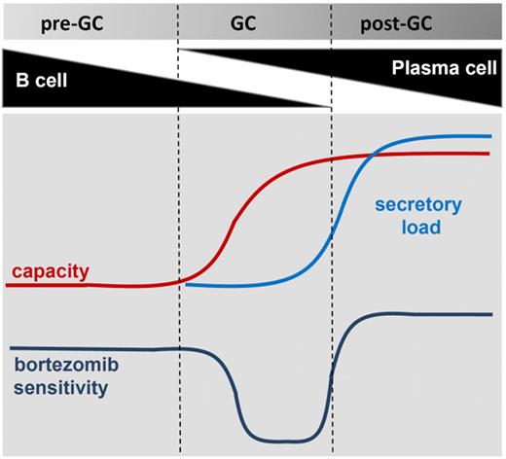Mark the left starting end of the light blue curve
pyautogui.click(x=186, y=286)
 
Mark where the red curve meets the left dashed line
pyautogui.click(x=180, y=281)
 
